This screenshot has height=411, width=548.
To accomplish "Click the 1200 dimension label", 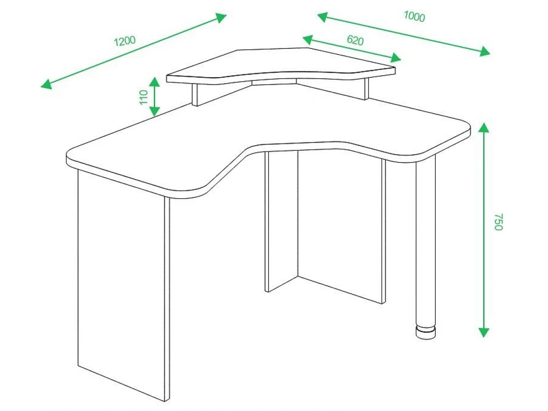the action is pos(125,41).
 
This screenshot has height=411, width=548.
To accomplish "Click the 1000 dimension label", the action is pos(414,17).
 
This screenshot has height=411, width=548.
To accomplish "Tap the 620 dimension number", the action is pos(355,41).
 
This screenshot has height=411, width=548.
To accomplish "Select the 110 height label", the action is pos(144,97).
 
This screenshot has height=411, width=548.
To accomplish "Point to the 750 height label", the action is pos(498,222).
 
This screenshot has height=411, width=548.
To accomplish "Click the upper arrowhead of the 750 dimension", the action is pos(484,128).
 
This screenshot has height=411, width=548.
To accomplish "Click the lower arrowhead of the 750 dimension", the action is pos(484,332).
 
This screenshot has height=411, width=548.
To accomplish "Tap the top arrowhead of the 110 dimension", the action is pos(155,82).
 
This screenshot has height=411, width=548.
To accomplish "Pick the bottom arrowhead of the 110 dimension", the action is pos(155,111).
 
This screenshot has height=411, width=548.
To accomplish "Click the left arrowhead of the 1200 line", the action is pos(46,84).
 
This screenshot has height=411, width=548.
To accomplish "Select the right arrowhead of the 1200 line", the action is pos(221,17).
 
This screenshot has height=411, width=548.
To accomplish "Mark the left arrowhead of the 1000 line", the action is pos(322,17).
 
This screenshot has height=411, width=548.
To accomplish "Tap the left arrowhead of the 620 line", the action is pos(308,40).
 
